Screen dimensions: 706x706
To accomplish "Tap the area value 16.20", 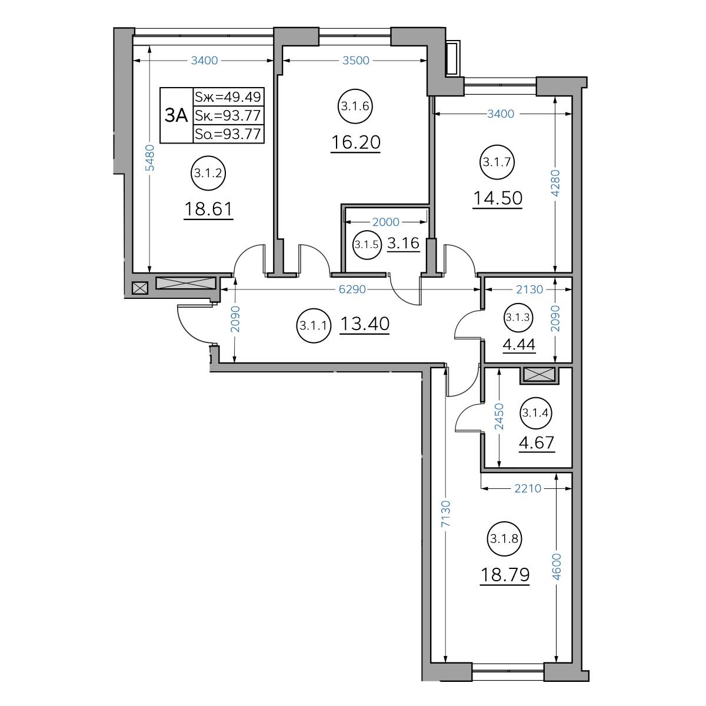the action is [355, 142].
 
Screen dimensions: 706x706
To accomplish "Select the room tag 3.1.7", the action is [497, 162].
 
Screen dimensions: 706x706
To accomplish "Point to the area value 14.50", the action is [498, 198].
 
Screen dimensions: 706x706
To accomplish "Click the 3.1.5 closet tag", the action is [367, 244].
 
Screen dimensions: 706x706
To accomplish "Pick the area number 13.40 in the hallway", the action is [365, 324].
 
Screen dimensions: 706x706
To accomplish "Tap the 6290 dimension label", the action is [352, 289].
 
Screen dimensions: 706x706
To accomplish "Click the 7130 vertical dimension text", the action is [445, 514].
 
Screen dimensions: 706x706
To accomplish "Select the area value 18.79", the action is [504, 574].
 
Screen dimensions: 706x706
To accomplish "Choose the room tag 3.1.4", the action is [535, 413].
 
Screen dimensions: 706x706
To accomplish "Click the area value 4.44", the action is [519, 344].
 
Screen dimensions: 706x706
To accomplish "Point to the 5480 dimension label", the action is [150, 158].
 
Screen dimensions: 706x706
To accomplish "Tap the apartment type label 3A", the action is [176, 115].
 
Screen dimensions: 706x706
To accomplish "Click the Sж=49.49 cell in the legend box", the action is [228, 97].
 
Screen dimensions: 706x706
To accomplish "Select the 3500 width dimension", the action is [356, 61].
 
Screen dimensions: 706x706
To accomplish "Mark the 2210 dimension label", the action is [528, 488].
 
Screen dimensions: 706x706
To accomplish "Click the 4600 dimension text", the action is [556, 567].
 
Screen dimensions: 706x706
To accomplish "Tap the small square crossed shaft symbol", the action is [139, 288].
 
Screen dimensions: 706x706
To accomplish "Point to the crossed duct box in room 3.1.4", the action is [540, 375].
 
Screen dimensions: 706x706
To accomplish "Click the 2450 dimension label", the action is [499, 417].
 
